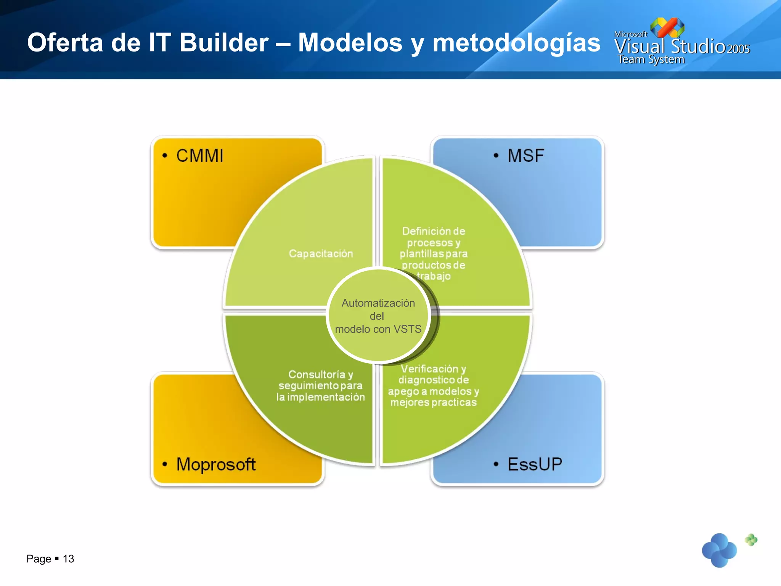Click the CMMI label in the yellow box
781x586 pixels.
(x=199, y=156)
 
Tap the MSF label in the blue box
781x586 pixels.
(x=525, y=156)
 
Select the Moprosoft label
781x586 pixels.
(x=216, y=464)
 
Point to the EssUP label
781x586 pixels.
(x=535, y=464)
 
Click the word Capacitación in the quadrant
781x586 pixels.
(x=321, y=254)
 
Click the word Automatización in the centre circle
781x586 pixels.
(x=378, y=303)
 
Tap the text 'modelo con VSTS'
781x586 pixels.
(x=378, y=329)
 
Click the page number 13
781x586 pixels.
(x=68, y=559)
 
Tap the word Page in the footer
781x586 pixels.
(x=39, y=559)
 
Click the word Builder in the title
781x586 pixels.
(x=224, y=42)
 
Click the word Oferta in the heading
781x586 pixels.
(x=65, y=42)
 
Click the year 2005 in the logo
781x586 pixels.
(x=738, y=49)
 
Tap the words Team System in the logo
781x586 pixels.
(x=651, y=60)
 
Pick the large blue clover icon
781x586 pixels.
(x=719, y=550)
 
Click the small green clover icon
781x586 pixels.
(x=751, y=539)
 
